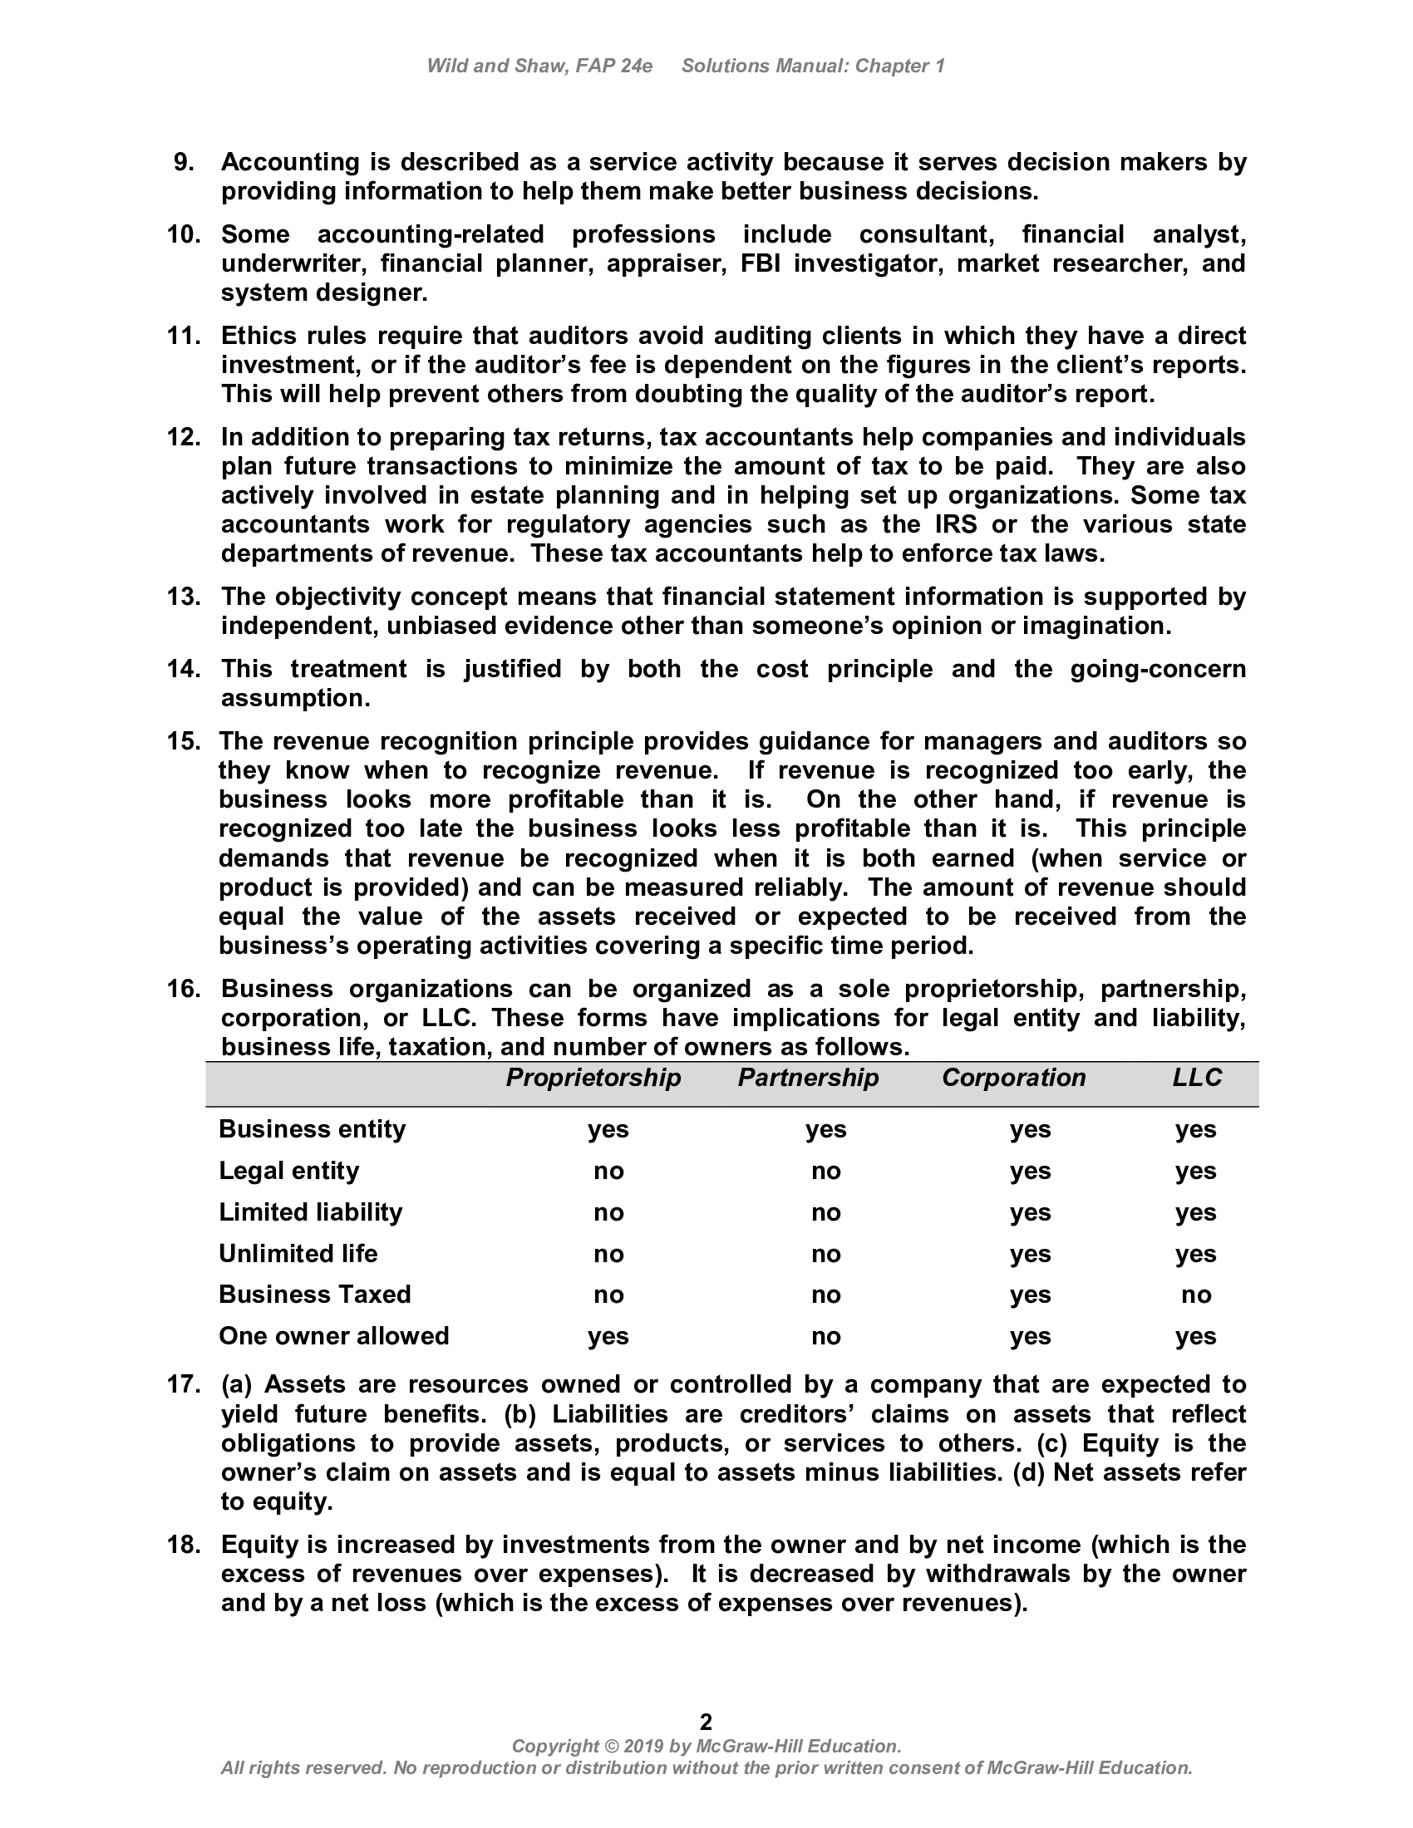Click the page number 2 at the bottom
pos(706,1721)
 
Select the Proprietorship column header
pos(593,1077)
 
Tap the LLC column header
pos(1196,1077)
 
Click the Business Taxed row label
pos(315,1294)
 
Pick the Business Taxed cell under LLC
pos(1195,1295)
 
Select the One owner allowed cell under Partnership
pos(825,1336)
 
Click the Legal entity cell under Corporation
pos(1030,1171)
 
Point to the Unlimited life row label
pos(298,1253)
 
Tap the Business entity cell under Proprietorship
pos(608,1129)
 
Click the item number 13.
pos(184,597)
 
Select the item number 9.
pos(185,162)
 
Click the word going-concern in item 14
pos(1158,669)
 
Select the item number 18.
pos(184,1545)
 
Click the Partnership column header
pos(808,1077)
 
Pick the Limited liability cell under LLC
pos(1195,1212)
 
